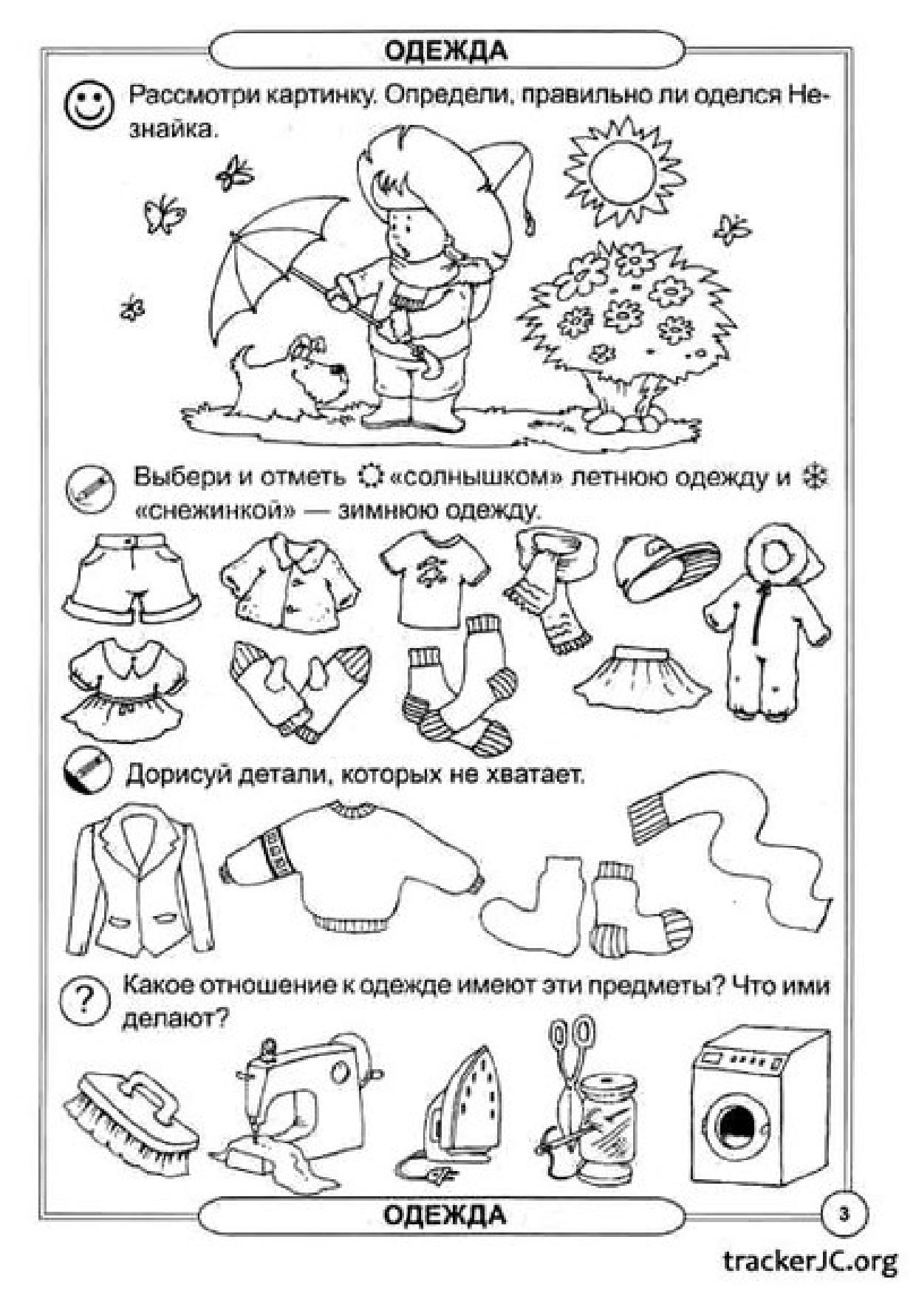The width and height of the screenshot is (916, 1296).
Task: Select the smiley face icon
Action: point(90,106)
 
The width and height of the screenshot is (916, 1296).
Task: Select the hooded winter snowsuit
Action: point(776,621)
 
